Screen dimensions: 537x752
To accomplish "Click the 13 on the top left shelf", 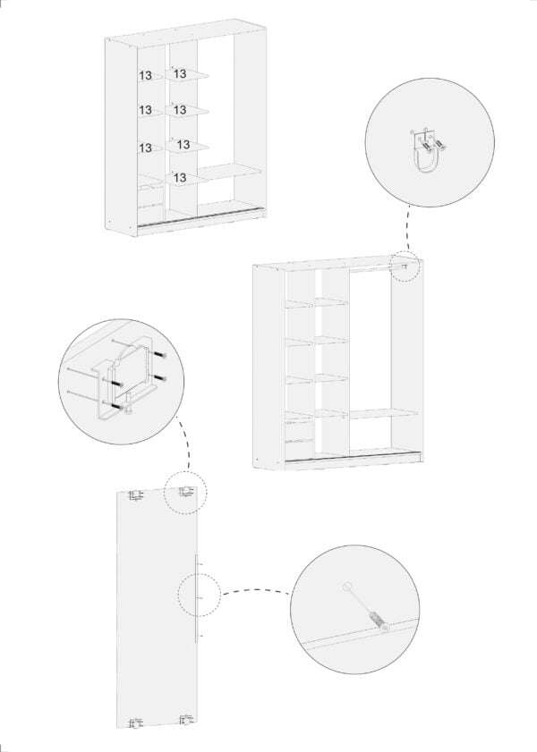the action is (145, 76).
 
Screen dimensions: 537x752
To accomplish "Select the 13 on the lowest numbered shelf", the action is (180, 178).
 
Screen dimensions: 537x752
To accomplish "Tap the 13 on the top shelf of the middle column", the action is (180, 74).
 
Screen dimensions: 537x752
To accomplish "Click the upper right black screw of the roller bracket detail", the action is (160, 355).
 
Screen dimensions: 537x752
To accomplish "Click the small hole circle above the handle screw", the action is (347, 586).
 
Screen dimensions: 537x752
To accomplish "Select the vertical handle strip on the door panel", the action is (196, 598).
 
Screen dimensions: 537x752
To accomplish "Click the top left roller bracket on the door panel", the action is (135, 494).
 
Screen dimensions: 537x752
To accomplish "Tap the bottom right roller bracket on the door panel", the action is (186, 720).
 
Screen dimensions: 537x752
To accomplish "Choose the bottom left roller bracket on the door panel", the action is (136, 722).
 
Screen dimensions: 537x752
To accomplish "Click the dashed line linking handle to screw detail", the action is (256, 590).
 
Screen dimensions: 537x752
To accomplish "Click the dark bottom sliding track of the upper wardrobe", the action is (200, 216).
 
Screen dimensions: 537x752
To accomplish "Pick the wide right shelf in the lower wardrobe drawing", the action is (383, 413).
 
